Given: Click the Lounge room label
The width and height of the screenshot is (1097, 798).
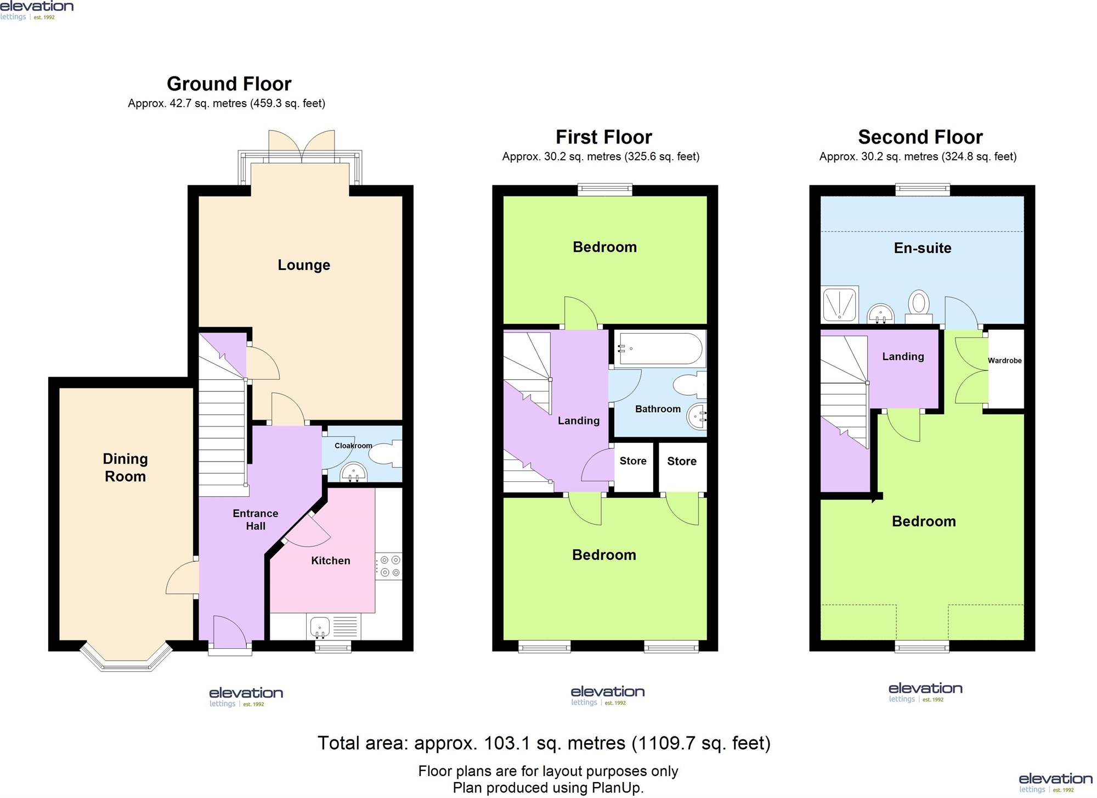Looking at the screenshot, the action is click(304, 265).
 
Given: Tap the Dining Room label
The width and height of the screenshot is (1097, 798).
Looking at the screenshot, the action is click(126, 468).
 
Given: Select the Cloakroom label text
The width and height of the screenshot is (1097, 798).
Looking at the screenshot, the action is click(353, 446).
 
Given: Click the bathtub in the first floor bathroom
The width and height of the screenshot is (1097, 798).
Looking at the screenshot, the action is click(659, 349).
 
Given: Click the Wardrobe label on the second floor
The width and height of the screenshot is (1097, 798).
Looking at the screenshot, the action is click(1005, 361).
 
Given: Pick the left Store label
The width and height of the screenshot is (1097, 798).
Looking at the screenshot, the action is click(633, 461).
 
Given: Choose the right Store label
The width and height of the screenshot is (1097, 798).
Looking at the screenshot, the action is click(682, 461).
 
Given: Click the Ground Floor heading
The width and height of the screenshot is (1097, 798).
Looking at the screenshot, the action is click(229, 84).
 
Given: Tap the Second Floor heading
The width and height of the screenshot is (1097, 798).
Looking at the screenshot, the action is click(920, 137).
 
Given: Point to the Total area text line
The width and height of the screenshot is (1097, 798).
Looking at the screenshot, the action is click(544, 743).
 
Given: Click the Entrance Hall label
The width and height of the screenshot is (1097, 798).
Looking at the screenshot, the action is click(256, 520).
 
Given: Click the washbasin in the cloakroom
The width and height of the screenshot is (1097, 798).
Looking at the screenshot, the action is click(354, 472).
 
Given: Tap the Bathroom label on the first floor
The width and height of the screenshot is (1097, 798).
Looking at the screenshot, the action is click(658, 409).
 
